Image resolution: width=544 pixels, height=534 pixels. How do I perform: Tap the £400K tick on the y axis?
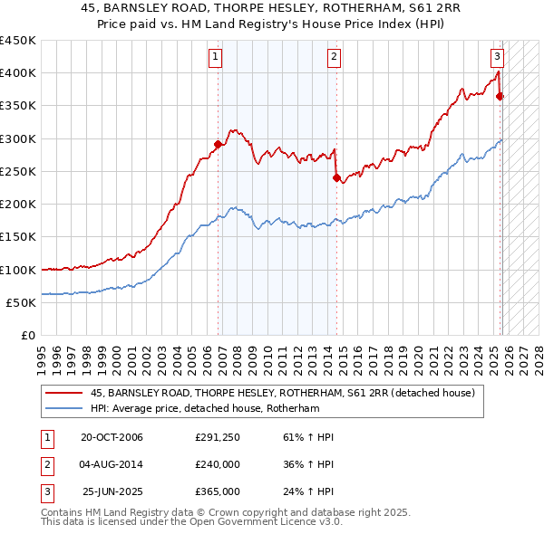tap(18, 73)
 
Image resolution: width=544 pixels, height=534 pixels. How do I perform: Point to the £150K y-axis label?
tap(18, 237)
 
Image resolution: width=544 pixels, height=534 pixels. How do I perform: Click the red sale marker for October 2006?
tap(219, 144)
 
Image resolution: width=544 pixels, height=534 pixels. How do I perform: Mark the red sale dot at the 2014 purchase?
tap(336, 178)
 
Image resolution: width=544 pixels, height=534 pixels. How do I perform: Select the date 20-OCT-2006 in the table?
tap(112, 438)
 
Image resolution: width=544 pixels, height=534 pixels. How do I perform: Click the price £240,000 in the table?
tap(218, 465)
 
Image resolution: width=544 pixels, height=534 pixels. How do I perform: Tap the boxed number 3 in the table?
tap(46, 491)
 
